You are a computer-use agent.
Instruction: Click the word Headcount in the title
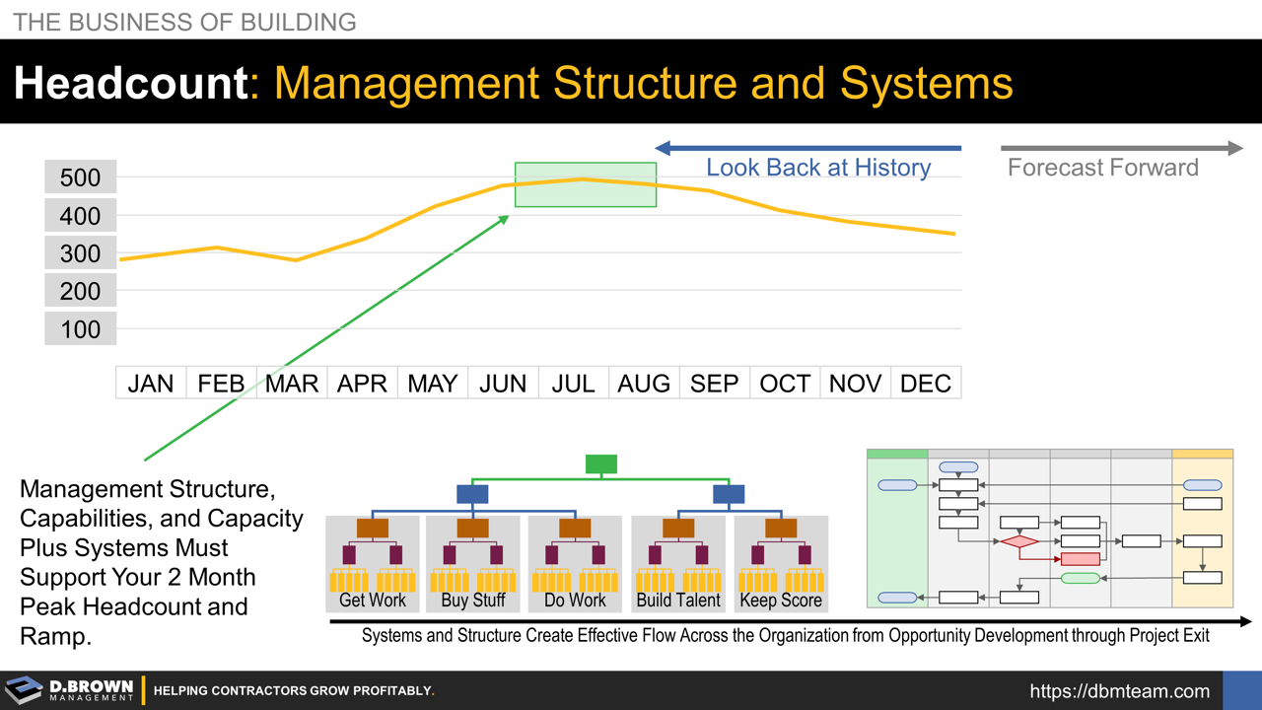[130, 84]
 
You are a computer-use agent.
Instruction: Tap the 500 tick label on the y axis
[81, 177]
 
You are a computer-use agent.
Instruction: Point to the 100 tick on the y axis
[81, 329]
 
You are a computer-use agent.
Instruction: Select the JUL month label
[573, 384]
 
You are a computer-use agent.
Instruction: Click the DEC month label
[925, 384]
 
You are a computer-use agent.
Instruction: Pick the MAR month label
[292, 384]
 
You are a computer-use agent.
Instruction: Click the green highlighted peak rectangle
[586, 185]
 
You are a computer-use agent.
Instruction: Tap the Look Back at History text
[817, 168]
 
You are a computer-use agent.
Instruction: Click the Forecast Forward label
[1102, 168]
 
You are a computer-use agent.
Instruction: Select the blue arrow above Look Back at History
[808, 149]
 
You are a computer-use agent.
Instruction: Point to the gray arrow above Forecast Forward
[1122, 149]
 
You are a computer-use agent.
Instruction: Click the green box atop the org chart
[601, 463]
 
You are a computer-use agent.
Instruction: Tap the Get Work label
[373, 600]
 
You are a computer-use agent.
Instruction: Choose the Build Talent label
[678, 600]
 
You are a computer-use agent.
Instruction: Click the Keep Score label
[781, 600]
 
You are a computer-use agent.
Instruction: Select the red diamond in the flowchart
[1019, 541]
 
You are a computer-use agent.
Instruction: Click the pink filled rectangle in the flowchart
[1080, 559]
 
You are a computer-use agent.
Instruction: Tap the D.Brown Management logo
[69, 690]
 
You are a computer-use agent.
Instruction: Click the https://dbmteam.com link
[1119, 691]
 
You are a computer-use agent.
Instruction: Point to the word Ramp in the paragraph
[55, 637]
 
